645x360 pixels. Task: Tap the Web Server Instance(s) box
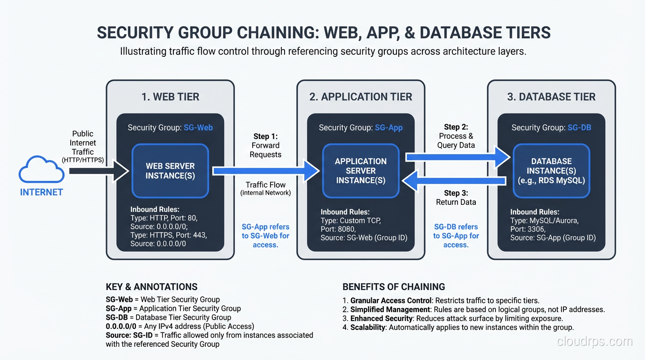[x=170, y=171]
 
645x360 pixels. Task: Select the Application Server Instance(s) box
[x=360, y=171]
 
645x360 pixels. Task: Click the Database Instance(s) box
[x=551, y=171]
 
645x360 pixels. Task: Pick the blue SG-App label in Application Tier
[x=389, y=127]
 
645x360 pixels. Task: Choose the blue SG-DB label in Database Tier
[x=579, y=127]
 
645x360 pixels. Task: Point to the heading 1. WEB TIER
[x=170, y=97]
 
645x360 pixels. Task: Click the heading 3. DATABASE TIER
[x=551, y=97]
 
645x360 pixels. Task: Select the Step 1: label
[x=265, y=136]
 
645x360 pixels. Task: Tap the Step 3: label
[x=456, y=193]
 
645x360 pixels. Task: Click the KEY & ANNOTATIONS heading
[x=151, y=287]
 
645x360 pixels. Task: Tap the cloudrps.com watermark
[x=594, y=342]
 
